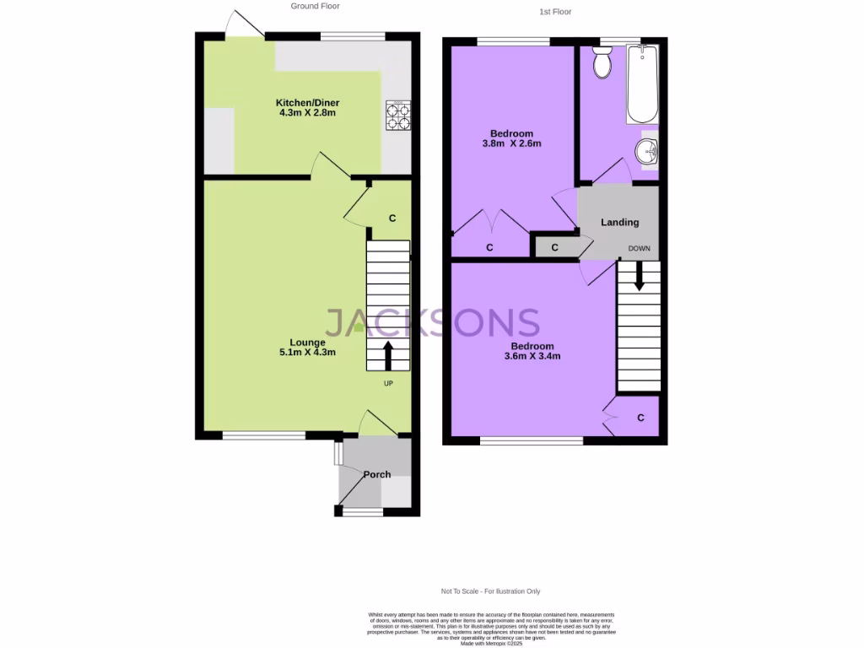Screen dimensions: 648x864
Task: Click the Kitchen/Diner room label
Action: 308,103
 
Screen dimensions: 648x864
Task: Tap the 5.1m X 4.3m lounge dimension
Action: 308,353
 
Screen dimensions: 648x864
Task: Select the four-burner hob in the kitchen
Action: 398,116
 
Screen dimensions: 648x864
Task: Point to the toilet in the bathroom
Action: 602,63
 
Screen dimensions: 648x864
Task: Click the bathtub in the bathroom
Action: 641,84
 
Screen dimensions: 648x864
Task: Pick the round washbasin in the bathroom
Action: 648,153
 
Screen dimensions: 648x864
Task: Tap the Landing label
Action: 619,223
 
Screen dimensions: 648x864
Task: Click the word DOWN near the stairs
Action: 639,249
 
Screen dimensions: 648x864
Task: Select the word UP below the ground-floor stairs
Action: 388,384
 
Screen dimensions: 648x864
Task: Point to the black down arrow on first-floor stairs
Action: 639,276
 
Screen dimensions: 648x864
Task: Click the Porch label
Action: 377,475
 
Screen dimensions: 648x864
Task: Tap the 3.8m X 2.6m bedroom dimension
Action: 511,143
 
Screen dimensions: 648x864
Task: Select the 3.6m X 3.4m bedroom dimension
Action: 532,356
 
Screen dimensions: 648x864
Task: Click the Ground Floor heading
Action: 315,6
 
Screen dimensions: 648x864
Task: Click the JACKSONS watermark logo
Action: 432,322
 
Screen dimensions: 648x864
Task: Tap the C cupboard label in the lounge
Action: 392,219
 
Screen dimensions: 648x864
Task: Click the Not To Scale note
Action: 490,591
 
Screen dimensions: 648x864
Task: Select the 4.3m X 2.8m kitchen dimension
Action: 308,113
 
